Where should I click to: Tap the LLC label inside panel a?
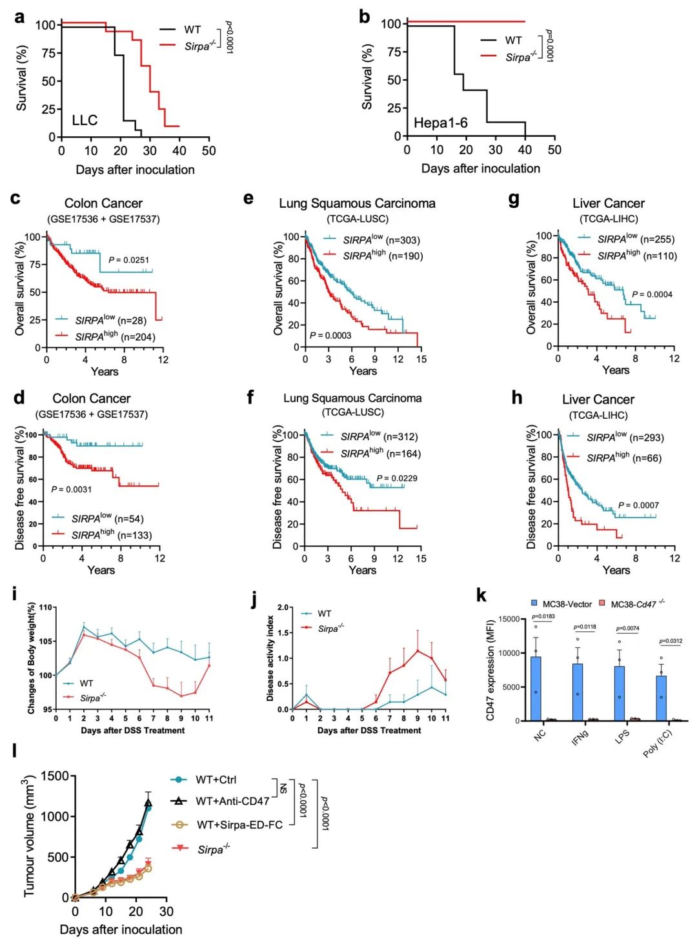pyautogui.click(x=85, y=120)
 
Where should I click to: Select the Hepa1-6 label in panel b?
pyautogui.click(x=440, y=123)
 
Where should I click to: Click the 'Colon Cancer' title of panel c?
pyautogui.click(x=103, y=203)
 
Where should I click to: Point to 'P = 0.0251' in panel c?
pyautogui.click(x=128, y=260)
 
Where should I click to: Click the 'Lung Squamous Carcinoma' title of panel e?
pyautogui.click(x=357, y=203)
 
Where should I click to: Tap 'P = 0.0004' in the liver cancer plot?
pyautogui.click(x=652, y=294)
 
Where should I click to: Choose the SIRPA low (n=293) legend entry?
pyautogui.click(x=625, y=438)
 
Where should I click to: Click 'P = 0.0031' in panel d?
pyautogui.click(x=72, y=489)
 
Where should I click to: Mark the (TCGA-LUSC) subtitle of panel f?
pyautogui.click(x=353, y=412)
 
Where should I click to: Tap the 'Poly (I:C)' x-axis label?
pyautogui.click(x=658, y=743)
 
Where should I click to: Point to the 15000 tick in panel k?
pyautogui.click(x=509, y=619)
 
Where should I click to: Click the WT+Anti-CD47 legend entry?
pyautogui.click(x=232, y=801)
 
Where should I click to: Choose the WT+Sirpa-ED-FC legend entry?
pyautogui.click(x=239, y=825)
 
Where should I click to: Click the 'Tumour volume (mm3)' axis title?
pyautogui.click(x=29, y=836)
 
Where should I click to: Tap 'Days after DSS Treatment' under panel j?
pyautogui.click(x=369, y=731)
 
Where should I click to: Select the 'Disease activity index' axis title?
pyautogui.click(x=270, y=658)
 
